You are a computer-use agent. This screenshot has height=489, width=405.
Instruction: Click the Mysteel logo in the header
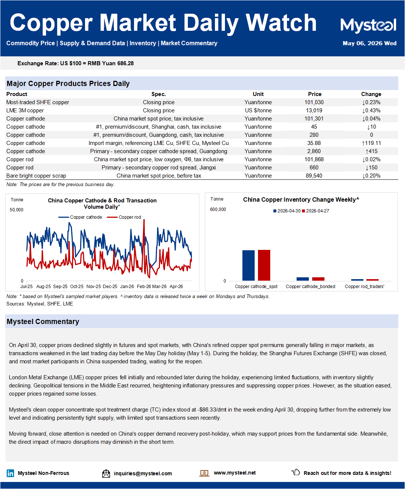(x=368, y=25)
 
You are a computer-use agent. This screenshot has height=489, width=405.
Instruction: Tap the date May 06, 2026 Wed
(x=369, y=43)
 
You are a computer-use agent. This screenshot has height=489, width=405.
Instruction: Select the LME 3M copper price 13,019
(x=314, y=110)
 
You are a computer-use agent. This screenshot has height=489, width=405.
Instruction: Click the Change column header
(x=371, y=94)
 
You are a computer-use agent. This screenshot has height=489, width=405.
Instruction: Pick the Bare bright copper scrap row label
(x=36, y=176)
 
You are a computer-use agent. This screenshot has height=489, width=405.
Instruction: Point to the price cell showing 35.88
(x=314, y=143)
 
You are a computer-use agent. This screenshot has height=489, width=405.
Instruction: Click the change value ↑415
(x=371, y=151)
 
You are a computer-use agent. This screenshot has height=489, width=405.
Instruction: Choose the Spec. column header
(x=159, y=94)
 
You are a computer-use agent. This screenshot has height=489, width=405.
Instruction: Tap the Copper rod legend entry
(x=124, y=217)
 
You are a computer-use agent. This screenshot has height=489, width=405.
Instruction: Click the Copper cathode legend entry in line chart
(x=80, y=217)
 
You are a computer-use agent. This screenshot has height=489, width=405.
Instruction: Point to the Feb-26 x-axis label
(x=144, y=287)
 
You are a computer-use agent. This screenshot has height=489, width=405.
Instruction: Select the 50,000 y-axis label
(x=16, y=209)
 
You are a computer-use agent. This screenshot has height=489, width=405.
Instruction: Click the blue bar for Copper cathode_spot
(x=248, y=265)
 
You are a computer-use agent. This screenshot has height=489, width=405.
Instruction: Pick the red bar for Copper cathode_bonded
(x=318, y=279)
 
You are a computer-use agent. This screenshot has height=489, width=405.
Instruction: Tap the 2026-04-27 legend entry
(x=316, y=211)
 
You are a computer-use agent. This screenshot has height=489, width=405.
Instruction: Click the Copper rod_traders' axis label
(x=365, y=287)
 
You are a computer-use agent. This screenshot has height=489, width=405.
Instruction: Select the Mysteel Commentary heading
(x=43, y=321)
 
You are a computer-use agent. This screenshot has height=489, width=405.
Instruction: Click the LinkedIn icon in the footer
(x=10, y=473)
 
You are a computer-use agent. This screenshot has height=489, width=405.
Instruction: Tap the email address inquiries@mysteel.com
(x=143, y=473)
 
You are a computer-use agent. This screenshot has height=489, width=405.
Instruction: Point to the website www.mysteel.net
(x=235, y=473)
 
